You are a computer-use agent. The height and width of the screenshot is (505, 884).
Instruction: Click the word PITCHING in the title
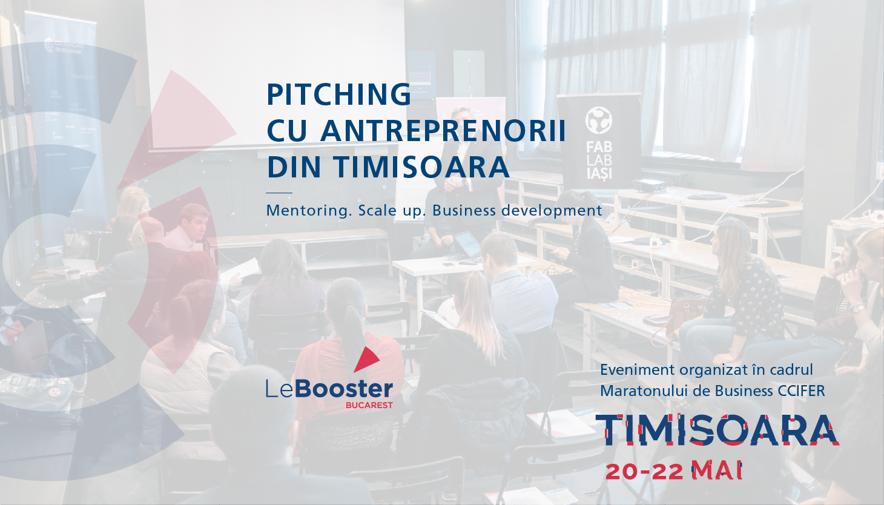[339, 94]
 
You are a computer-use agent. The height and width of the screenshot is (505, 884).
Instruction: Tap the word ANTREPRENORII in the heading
[443, 130]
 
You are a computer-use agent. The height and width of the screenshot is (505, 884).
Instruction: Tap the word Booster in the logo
[344, 389]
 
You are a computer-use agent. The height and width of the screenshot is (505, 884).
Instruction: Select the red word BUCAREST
[369, 405]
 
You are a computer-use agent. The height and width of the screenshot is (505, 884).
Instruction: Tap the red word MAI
[717, 471]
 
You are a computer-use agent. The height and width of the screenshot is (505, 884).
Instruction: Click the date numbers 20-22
[644, 472]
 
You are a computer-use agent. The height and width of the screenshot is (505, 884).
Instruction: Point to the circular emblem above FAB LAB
[599, 120]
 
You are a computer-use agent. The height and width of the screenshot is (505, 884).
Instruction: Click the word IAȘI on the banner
[599, 173]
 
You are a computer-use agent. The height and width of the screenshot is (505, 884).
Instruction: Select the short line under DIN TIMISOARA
[279, 193]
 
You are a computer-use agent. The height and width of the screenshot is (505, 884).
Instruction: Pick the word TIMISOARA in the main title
[422, 167]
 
